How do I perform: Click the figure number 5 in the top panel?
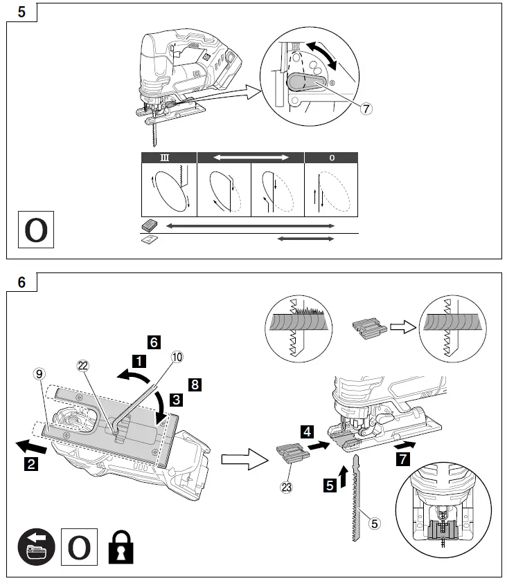coord(21,12)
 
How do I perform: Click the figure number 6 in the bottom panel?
coord(21,282)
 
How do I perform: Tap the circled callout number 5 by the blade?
coord(373,524)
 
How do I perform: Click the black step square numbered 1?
coord(139,360)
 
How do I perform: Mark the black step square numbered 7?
coord(403,459)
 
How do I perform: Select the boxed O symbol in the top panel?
coord(35,231)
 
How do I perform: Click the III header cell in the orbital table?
coord(169,158)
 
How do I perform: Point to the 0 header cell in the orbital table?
coord(332,158)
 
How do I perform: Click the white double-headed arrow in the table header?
coord(251,158)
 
